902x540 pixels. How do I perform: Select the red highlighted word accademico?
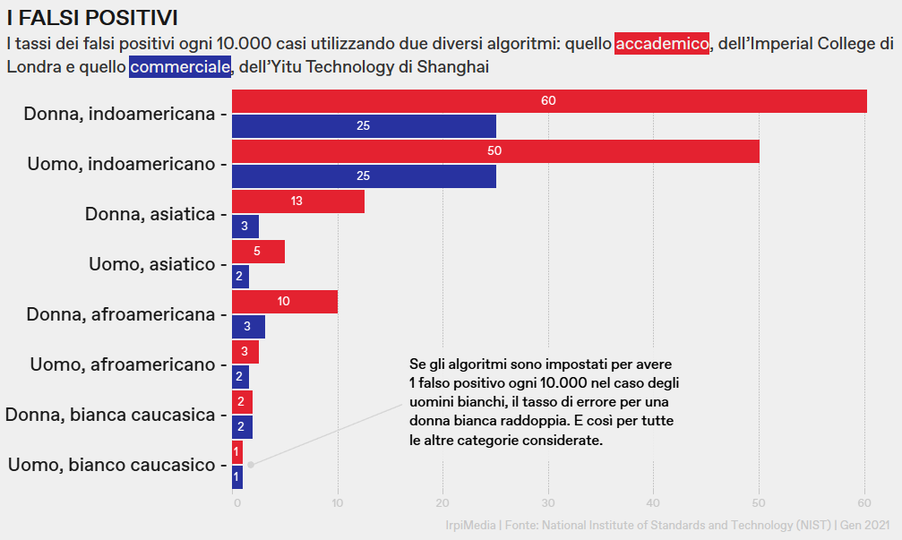pos(662,43)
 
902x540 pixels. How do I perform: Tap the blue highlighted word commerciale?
pos(180,66)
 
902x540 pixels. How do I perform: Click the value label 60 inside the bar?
pos(548,101)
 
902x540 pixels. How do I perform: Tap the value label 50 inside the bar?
pos(494,151)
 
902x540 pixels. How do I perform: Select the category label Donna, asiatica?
pos(150,214)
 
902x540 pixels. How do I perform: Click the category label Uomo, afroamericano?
pos(122,364)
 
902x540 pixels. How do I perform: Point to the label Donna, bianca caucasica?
pos(110,415)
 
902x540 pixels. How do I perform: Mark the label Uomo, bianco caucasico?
pos(112,465)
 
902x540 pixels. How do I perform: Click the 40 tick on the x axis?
pos(653,503)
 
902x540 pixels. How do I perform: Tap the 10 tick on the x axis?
pos(338,503)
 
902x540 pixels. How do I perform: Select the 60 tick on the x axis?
pos(863,503)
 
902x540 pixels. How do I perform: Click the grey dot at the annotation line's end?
pos(252,464)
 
